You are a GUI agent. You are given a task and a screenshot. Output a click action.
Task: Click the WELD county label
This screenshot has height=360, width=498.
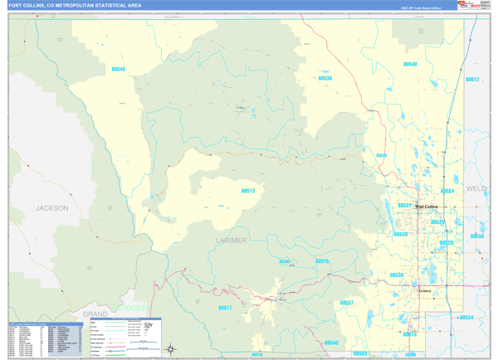pos(476,189)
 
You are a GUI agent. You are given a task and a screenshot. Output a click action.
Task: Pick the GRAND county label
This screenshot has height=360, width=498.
pos(95,315)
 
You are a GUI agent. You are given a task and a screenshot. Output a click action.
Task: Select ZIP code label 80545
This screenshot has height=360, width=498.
pos(117,69)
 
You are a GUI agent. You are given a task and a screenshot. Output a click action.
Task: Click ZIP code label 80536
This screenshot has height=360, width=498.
pos(330,78)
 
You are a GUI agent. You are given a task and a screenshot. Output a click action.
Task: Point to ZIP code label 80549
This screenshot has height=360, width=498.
pos(409,64)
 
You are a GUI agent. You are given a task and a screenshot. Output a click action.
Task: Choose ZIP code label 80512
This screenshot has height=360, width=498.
pos(247,191)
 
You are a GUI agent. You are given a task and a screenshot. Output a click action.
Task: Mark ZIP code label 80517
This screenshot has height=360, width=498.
pos(224,308)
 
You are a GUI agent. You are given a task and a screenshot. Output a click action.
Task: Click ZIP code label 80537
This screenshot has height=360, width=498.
pos(346,303)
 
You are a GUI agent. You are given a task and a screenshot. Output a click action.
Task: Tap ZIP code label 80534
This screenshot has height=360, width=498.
pos(466,317)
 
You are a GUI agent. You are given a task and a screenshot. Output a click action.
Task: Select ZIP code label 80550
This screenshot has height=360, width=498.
pos(476,236)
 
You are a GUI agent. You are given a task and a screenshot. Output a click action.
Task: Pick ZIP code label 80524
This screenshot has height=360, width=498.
pos(447,191)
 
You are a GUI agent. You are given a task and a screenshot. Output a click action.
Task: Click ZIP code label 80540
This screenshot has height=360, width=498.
pos(331,342)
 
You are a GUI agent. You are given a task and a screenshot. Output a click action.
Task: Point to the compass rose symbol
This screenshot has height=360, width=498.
pos(171,348)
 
